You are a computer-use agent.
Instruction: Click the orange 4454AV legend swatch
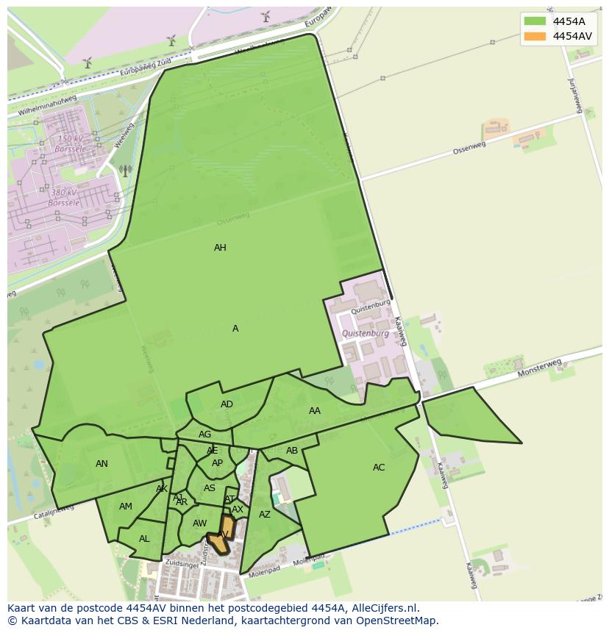[535, 36]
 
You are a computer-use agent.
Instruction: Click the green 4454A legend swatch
[535, 21]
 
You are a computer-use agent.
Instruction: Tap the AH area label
[220, 248]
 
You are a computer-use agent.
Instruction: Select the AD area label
[227, 404]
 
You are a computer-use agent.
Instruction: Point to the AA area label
[315, 411]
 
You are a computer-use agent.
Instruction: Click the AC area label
[379, 468]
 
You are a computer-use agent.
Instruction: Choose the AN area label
[101, 464]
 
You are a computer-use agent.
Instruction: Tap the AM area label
[126, 507]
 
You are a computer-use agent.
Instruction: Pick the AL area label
[144, 539]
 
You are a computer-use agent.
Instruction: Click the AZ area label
[265, 515]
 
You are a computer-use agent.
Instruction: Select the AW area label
[199, 523]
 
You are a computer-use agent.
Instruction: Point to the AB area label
[292, 451]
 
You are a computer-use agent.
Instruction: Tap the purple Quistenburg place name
[366, 334]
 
